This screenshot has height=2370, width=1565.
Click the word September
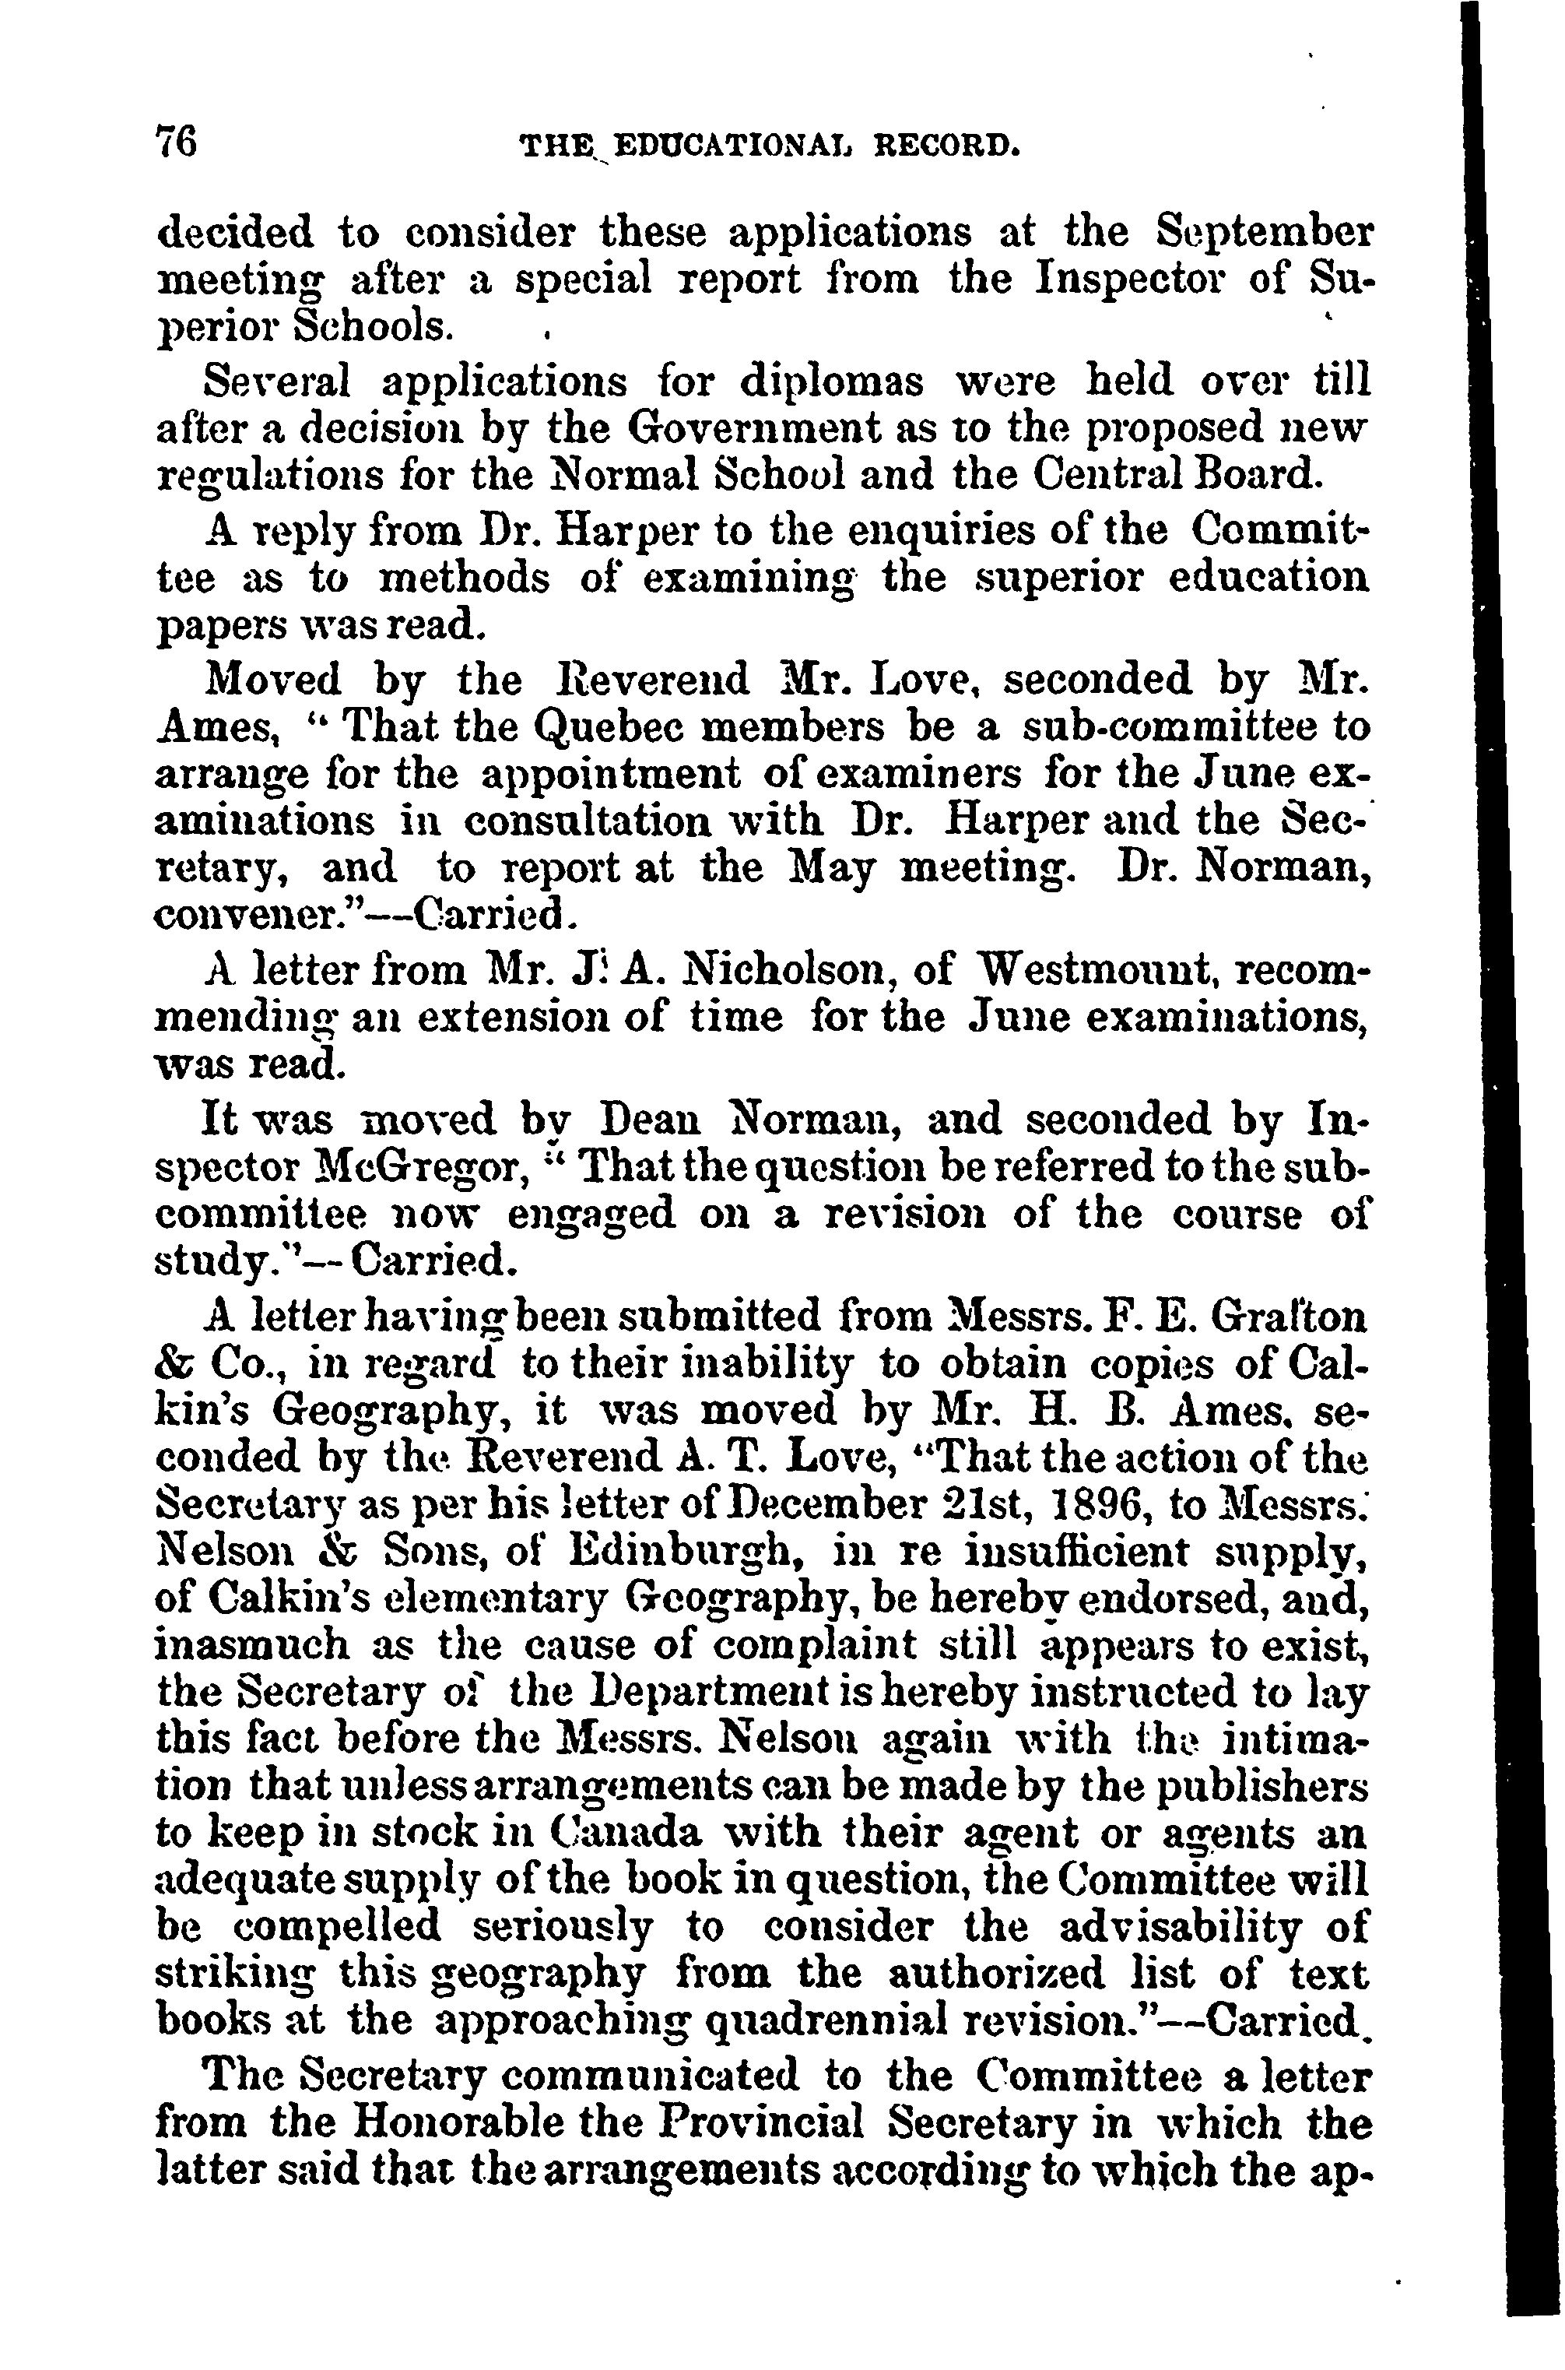[x=1265, y=234]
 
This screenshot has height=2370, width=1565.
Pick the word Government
[x=764, y=427]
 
